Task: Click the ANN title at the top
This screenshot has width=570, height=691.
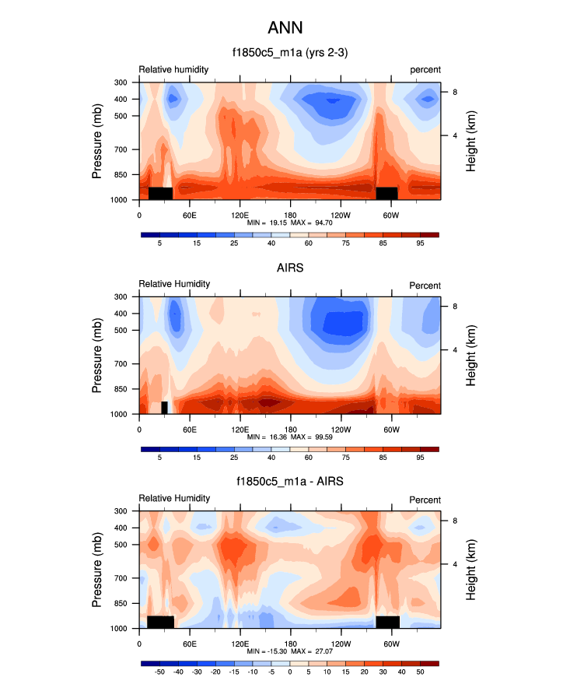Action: click(285, 28)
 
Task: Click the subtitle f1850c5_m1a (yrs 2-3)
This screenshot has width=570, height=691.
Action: click(285, 53)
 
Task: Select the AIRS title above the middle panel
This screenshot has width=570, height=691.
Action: click(289, 268)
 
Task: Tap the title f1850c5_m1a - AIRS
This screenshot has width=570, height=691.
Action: click(289, 482)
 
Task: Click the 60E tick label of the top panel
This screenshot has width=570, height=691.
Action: click(189, 214)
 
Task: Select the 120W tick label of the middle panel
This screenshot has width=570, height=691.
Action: click(340, 429)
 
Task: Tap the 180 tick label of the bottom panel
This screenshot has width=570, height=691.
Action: click(289, 644)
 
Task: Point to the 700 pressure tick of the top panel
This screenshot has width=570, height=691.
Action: click(120, 149)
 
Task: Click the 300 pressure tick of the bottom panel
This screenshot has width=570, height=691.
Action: click(120, 511)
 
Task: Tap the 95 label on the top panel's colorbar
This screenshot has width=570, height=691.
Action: click(420, 244)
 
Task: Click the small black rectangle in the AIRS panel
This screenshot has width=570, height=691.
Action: click(165, 408)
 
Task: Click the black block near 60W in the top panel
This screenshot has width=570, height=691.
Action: click(386, 193)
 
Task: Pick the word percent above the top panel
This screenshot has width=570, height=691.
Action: click(425, 70)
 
